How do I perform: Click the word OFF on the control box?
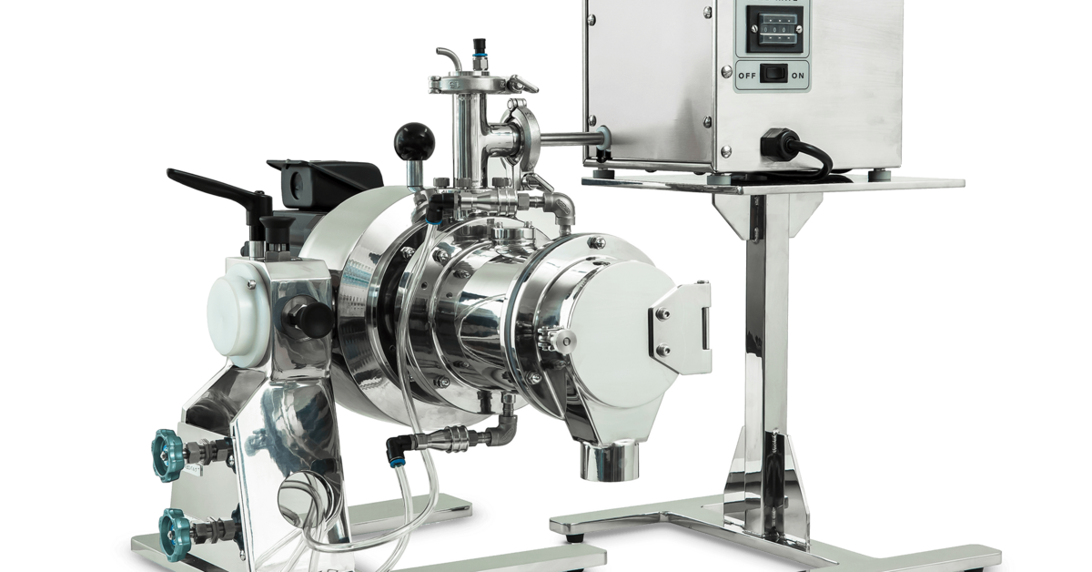(746, 75)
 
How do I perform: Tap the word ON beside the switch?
(798, 75)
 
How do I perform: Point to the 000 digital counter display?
(771, 27)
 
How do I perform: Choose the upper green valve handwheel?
(169, 447)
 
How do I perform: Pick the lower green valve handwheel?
(173, 526)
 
